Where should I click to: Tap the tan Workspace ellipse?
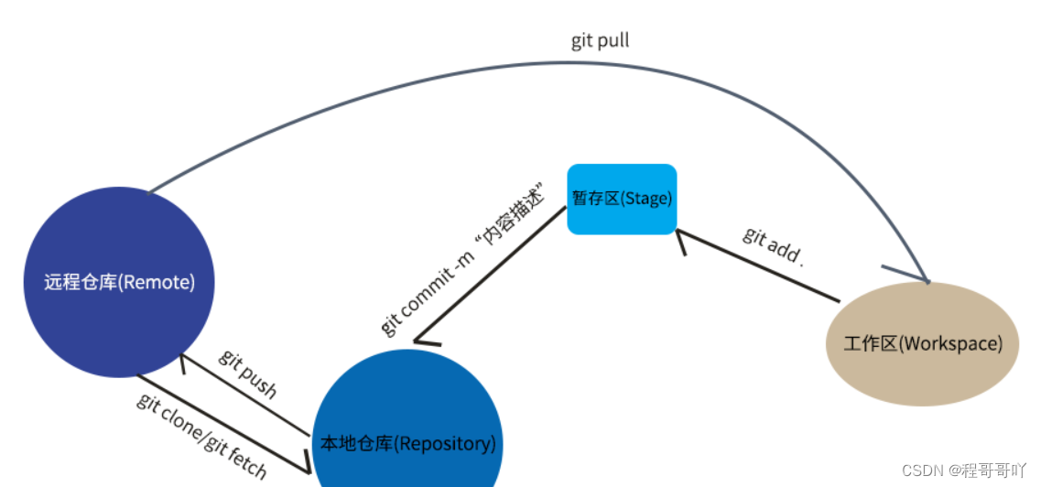point(922,343)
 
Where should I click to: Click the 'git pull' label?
point(600,41)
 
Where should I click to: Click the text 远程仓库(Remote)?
point(119,282)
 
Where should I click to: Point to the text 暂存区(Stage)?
point(622,199)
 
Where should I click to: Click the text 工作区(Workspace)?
point(922,344)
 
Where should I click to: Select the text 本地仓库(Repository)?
point(407,444)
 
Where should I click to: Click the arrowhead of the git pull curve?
point(923,276)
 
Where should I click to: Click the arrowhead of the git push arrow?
point(185,362)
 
